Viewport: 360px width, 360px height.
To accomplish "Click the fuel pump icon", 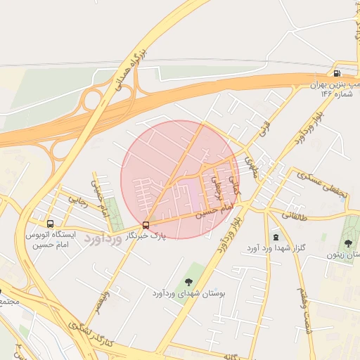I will coord(337,73).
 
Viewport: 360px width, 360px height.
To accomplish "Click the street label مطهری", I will coord(250,166).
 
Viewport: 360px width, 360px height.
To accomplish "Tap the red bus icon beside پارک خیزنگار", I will coord(146,225).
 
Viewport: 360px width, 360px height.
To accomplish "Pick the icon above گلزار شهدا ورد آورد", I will coord(275,238).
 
